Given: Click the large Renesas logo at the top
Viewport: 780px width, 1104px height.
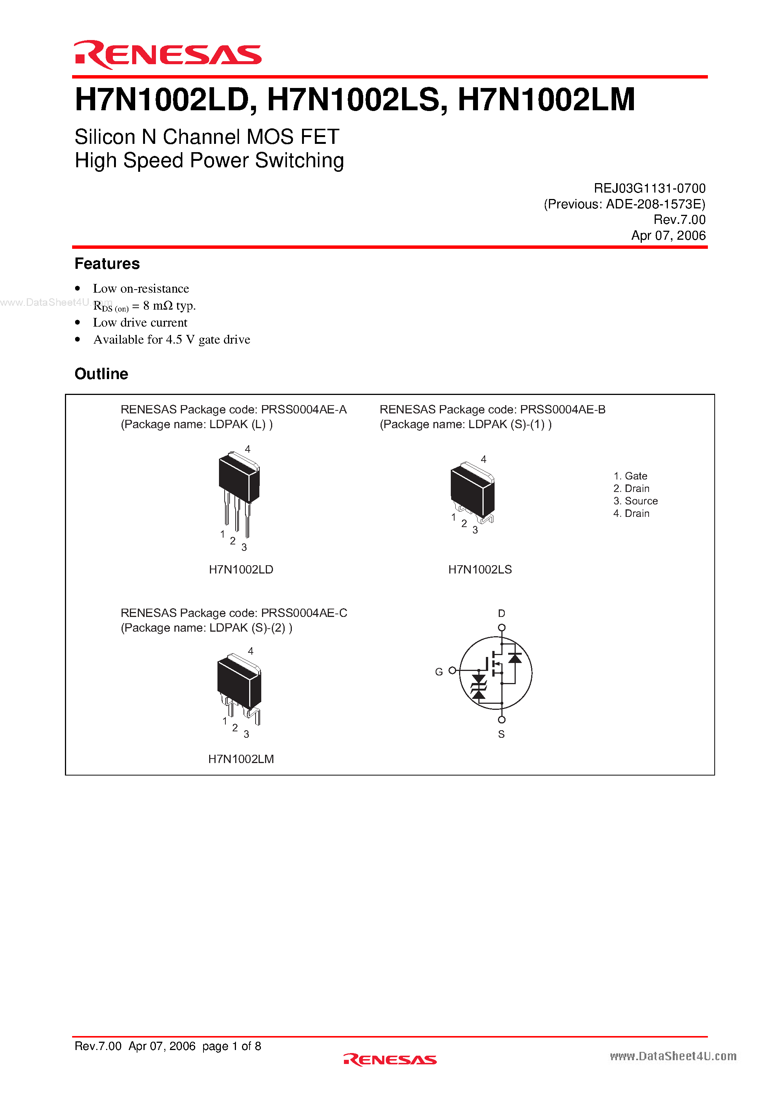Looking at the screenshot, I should tap(167, 54).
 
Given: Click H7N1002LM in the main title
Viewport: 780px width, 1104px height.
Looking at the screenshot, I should tap(546, 100).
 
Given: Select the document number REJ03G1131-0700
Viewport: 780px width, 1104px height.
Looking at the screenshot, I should tap(649, 188).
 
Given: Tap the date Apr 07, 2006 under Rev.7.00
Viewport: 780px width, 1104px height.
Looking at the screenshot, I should tap(668, 235).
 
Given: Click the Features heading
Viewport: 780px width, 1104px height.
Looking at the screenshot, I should tap(107, 264).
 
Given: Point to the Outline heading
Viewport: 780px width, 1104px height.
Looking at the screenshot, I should tap(101, 374).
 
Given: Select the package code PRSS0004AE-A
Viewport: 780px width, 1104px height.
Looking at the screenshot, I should tap(304, 409).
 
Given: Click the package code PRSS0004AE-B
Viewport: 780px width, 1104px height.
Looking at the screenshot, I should tap(563, 409).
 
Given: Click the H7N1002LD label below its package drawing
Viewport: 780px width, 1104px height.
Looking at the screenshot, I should tap(241, 569).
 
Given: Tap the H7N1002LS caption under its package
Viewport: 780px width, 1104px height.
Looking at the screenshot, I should tap(480, 569).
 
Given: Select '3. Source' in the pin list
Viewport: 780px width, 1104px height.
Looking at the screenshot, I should tap(635, 501).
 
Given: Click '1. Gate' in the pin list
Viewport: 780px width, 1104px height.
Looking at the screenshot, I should tap(630, 476).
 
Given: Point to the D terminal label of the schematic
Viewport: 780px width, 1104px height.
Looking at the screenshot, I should tap(502, 614).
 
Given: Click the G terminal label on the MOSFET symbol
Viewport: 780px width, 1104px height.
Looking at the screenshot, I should tap(439, 672).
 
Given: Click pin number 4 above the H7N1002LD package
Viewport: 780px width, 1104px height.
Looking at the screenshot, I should tap(248, 449).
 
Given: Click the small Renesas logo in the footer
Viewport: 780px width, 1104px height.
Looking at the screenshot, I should tap(390, 1059).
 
